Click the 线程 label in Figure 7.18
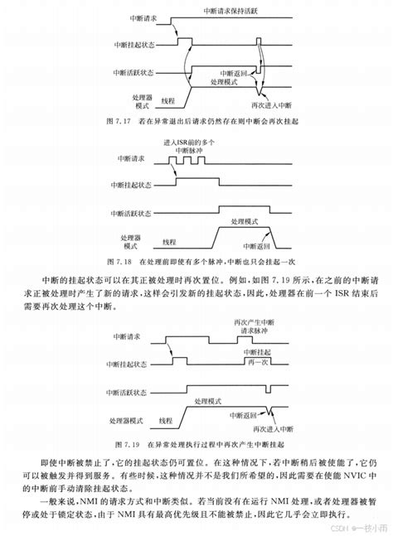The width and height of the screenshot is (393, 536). (171, 242)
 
